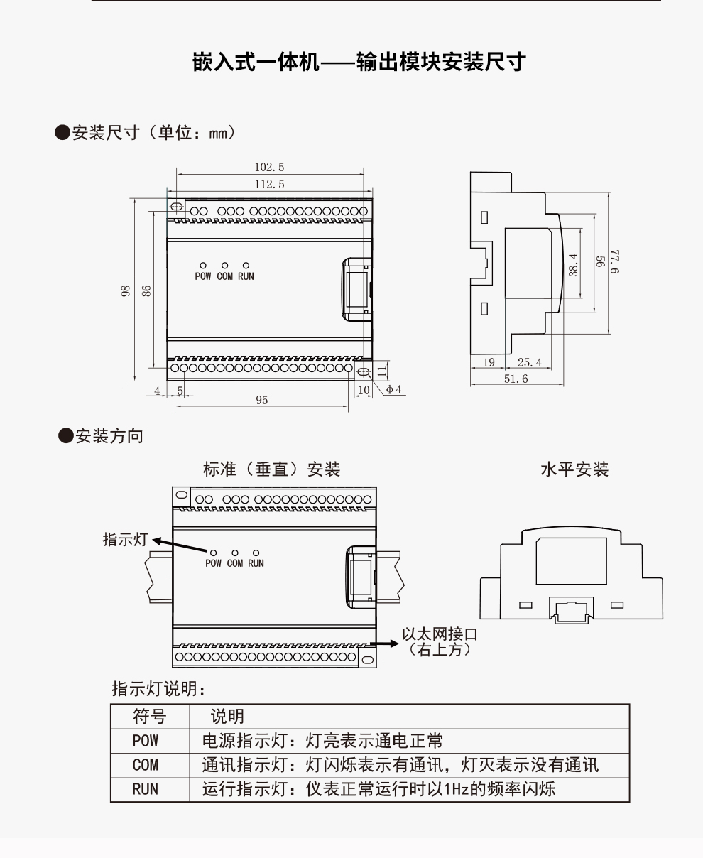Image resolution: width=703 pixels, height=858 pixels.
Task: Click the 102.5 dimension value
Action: (x=269, y=167)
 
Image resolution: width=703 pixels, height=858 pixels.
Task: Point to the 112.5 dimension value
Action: (x=269, y=184)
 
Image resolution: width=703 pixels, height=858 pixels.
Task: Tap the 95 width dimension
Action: (x=262, y=401)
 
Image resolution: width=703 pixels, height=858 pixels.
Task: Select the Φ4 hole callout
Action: (x=394, y=390)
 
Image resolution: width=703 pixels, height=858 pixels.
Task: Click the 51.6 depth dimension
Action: (x=516, y=379)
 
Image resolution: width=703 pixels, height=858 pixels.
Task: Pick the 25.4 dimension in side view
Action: (x=530, y=362)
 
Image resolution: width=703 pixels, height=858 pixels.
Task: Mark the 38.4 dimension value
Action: (x=573, y=265)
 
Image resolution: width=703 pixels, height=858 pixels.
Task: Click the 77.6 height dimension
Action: (x=615, y=261)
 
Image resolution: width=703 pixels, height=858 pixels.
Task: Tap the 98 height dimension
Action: (x=125, y=291)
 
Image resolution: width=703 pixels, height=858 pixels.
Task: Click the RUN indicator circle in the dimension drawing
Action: (x=246, y=266)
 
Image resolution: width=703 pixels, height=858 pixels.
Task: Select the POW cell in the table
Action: (x=146, y=741)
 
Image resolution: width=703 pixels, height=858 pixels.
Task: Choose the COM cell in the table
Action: (x=146, y=765)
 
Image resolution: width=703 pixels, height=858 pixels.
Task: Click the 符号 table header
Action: (x=150, y=717)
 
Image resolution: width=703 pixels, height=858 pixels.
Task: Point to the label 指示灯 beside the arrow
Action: (x=125, y=540)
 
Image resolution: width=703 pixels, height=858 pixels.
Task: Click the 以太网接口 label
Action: (x=440, y=634)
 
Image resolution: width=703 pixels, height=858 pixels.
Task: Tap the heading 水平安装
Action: (x=574, y=469)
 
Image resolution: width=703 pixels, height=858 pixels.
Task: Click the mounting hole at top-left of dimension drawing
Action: (x=177, y=206)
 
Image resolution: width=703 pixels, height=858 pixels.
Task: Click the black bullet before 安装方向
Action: (x=65, y=435)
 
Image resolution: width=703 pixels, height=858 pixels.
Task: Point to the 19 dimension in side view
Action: (x=489, y=362)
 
